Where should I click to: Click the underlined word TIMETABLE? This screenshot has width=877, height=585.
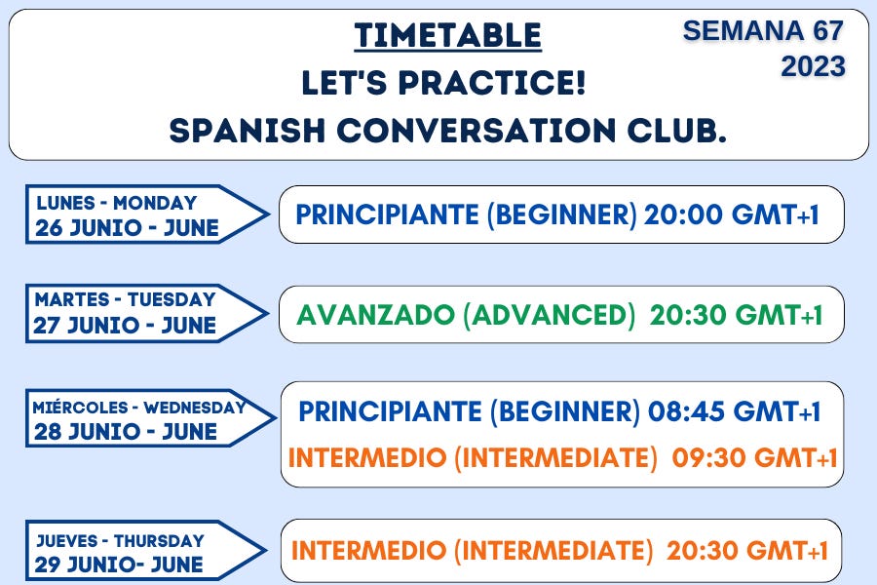point(447,36)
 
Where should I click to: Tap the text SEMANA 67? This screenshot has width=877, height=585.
point(762,30)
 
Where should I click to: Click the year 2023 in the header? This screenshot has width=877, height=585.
point(813,66)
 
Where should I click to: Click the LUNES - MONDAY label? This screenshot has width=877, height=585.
point(116,203)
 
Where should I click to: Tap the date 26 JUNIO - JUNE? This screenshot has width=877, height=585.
point(127,229)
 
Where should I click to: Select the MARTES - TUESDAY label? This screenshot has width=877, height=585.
point(125,299)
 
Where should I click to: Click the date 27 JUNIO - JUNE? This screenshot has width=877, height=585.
point(125,326)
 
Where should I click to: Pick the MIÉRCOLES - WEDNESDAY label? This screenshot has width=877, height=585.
point(138,408)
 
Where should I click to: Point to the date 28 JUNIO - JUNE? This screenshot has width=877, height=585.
point(126,432)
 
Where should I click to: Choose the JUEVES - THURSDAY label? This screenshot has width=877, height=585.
point(120,540)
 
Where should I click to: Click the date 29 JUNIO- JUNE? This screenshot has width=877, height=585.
point(120,565)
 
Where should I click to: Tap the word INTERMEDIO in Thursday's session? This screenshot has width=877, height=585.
point(369,551)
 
